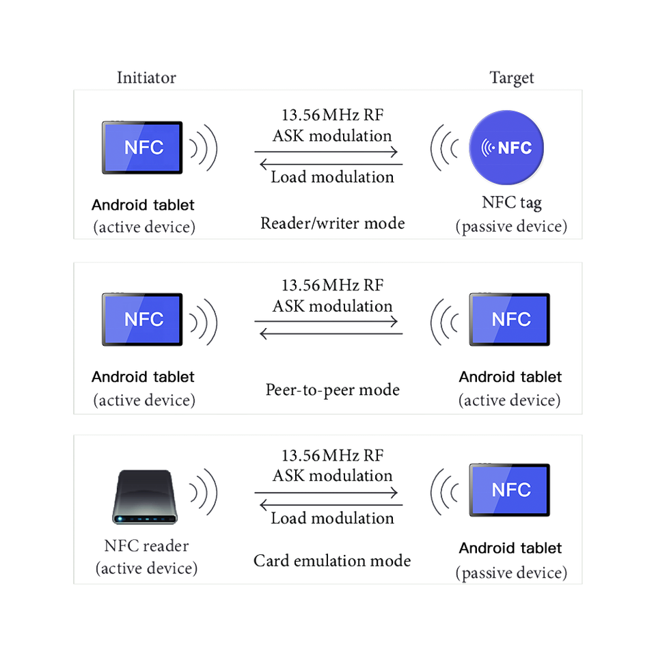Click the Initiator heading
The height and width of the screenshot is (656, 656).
pyautogui.click(x=146, y=77)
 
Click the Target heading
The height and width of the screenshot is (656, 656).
pyautogui.click(x=512, y=78)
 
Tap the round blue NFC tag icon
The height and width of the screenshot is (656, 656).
pyautogui.click(x=506, y=147)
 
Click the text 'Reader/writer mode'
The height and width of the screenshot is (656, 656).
pyautogui.click(x=333, y=223)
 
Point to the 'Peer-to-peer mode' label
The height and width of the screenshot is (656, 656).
pyautogui.click(x=332, y=390)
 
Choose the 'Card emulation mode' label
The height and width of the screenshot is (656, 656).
pyautogui.click(x=332, y=562)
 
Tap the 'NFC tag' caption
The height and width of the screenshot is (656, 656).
pyautogui.click(x=511, y=202)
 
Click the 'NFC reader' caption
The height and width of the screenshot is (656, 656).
pyautogui.click(x=146, y=547)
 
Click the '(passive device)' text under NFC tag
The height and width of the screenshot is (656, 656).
pyautogui.click(x=511, y=227)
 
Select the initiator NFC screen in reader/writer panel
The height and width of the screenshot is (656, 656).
pyautogui.click(x=143, y=148)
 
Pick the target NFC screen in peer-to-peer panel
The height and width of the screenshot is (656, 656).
pyautogui.click(x=509, y=319)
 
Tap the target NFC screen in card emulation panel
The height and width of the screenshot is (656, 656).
pyautogui.click(x=509, y=490)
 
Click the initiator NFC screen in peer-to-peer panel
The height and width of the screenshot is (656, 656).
pyautogui.click(x=143, y=319)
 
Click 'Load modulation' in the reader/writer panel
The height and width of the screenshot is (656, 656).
pyautogui.click(x=332, y=177)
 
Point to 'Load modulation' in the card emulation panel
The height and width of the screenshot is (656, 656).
pyautogui.click(x=332, y=518)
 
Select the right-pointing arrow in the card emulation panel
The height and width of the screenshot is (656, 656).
pyautogui.click(x=326, y=493)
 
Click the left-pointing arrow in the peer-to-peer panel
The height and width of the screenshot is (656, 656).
pyautogui.click(x=330, y=333)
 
